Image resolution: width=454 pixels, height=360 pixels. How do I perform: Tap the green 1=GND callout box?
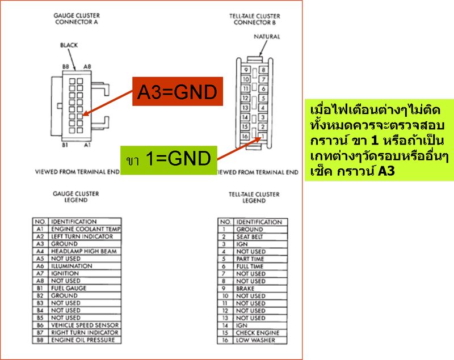coord(167,159)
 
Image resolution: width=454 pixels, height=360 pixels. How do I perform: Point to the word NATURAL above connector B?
coord(267,37)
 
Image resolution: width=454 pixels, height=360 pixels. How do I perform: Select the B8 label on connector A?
coord(66,66)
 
